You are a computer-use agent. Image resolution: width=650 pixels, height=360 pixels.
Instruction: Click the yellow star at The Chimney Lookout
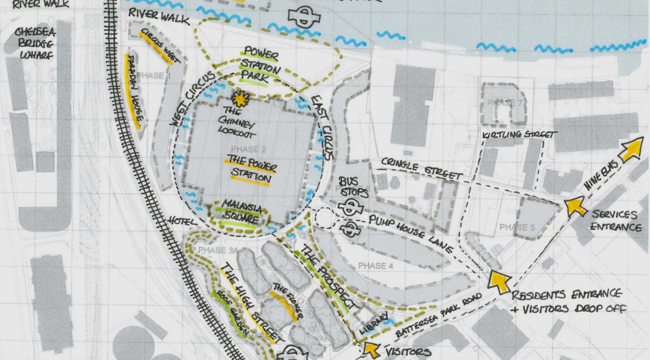[x=240, y=98]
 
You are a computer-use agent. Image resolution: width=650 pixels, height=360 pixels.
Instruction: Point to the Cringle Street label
[x=421, y=168]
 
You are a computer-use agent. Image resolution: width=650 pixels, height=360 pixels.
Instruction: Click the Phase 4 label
[x=376, y=266]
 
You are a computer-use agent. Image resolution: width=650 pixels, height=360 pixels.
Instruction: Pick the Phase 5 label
[x=517, y=227]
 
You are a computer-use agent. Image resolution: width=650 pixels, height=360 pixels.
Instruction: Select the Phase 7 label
[x=504, y=103]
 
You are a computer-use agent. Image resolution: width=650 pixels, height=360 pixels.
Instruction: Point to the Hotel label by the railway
[x=182, y=222]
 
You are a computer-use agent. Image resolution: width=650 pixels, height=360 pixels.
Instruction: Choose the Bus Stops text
[x=353, y=187]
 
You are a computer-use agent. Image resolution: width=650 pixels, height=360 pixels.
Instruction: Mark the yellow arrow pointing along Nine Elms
[x=632, y=149]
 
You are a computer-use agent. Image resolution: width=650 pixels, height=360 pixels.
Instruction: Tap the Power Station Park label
[x=260, y=66]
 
